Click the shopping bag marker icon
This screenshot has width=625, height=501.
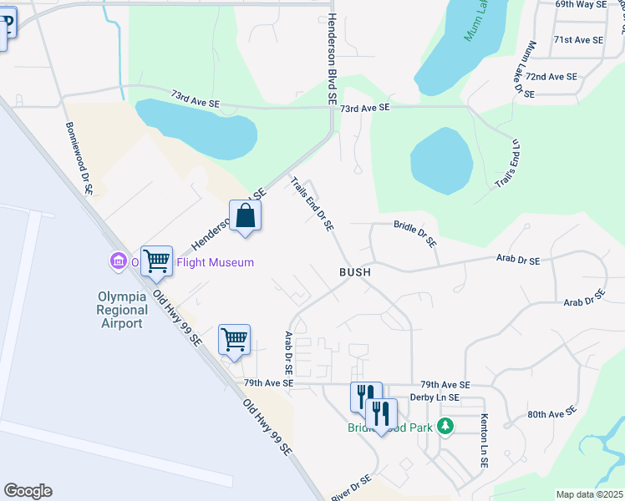[246, 215]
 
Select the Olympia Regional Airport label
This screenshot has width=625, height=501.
[123, 308]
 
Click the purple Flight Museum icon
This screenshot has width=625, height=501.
[118, 262]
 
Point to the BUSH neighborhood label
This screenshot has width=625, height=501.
[354, 272]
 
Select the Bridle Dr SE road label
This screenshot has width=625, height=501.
[415, 233]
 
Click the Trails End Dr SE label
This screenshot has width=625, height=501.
[312, 203]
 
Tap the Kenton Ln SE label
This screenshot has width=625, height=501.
[484, 440]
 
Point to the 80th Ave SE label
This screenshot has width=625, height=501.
[552, 413]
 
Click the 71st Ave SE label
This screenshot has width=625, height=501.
[578, 40]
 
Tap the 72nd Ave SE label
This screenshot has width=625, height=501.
[551, 76]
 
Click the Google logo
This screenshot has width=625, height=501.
[28, 491]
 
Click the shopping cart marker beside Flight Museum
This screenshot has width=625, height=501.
[156, 261]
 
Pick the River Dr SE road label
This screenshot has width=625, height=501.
[350, 486]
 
